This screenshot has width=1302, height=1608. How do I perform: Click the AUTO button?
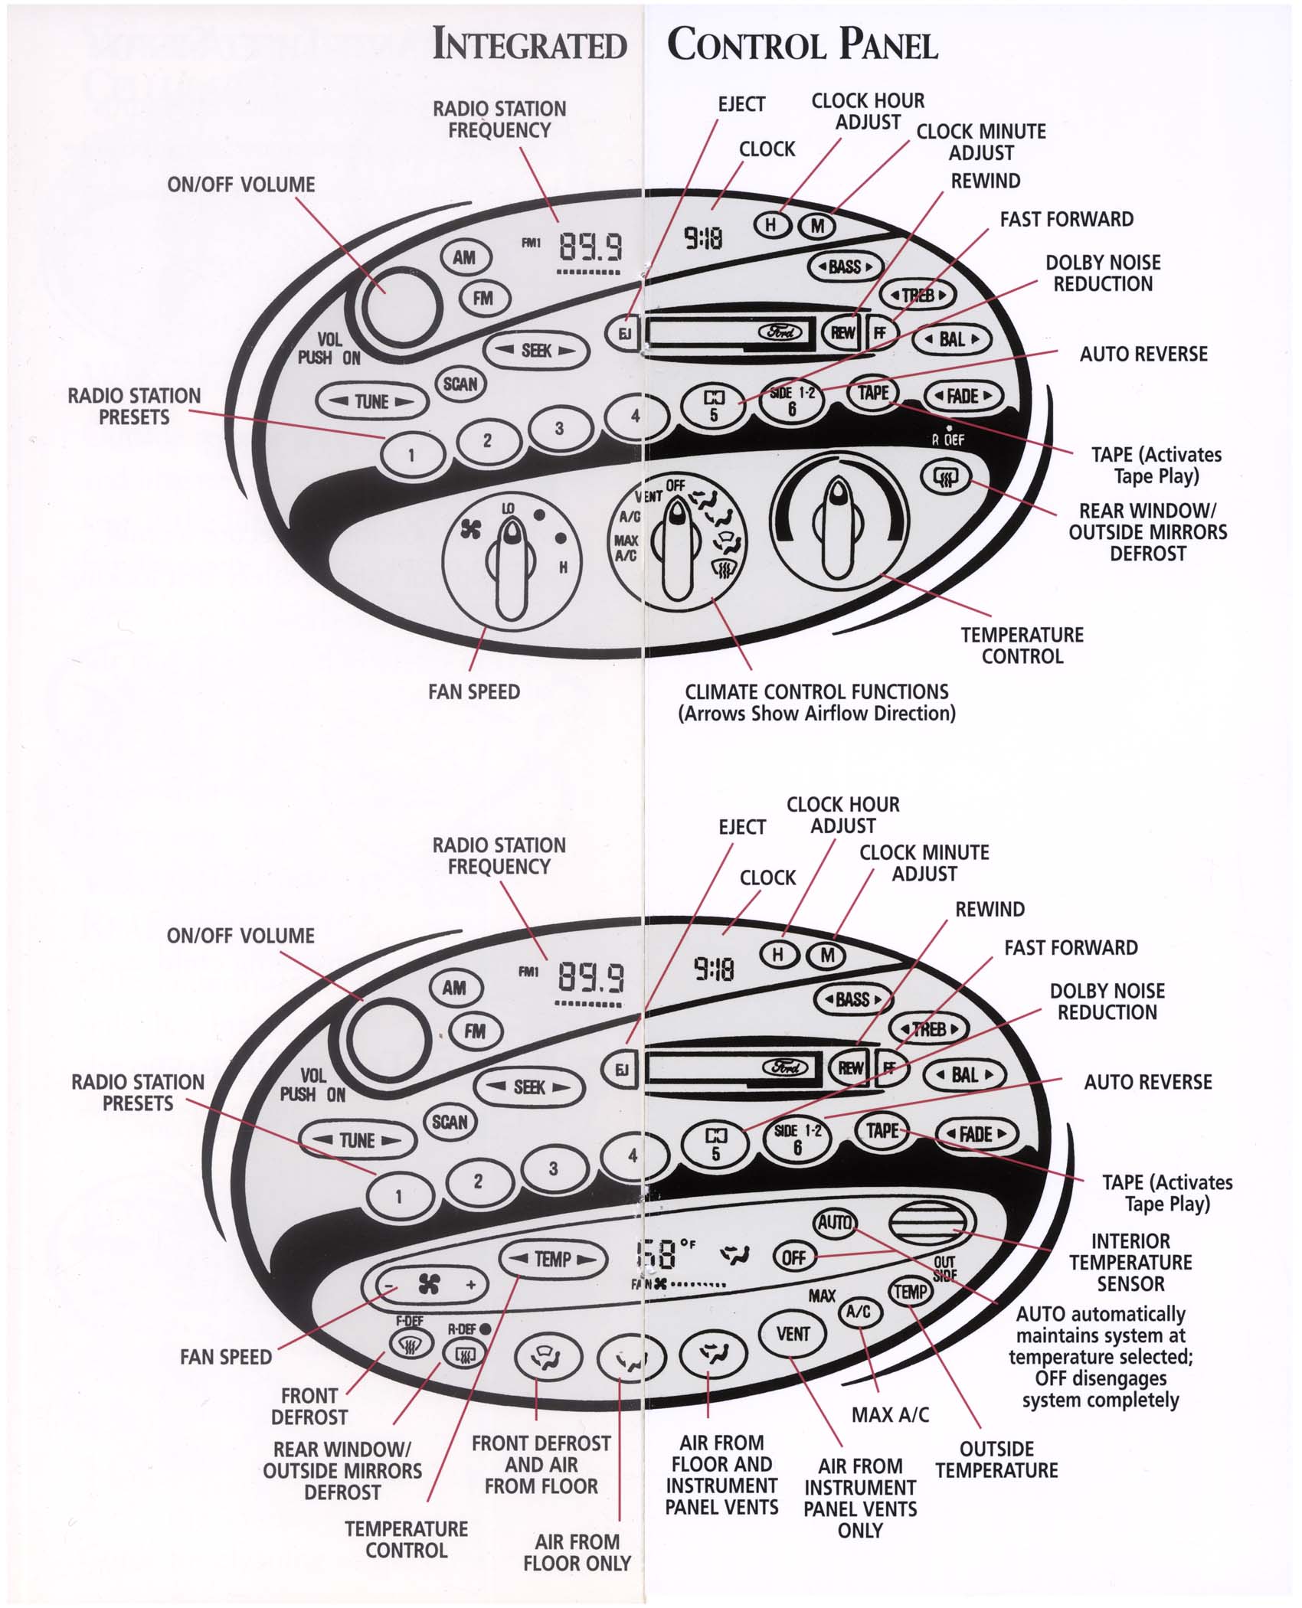tap(834, 1222)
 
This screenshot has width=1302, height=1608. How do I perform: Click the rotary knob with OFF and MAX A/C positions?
tap(677, 548)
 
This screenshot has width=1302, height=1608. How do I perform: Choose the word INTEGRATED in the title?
tap(529, 44)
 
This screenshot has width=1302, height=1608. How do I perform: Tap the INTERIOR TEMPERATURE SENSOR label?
tap(1130, 1262)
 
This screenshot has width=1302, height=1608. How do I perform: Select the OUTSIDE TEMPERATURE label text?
tap(996, 1459)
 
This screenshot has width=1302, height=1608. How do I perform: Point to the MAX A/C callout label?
tap(890, 1414)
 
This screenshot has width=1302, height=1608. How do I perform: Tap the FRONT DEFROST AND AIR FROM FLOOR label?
tap(541, 1464)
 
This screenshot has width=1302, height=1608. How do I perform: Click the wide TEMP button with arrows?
tap(552, 1259)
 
